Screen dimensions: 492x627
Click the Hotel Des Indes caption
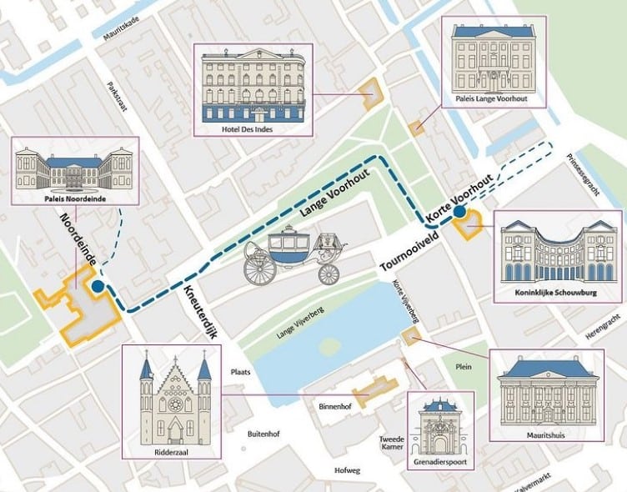pyautogui.click(x=249, y=129)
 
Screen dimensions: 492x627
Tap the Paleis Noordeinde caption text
pyautogui.click(x=76, y=200)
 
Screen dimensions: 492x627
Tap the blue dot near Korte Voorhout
pyautogui.click(x=459, y=213)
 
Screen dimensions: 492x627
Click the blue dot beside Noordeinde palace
pyautogui.click(x=98, y=286)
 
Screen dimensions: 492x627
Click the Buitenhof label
pyautogui.click(x=267, y=434)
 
